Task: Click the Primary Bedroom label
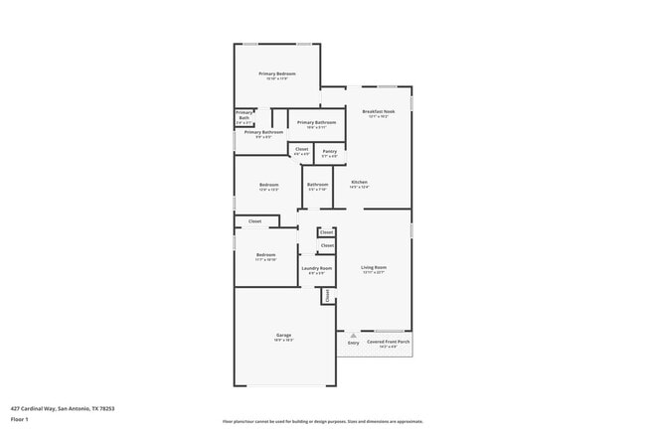tap(277, 74)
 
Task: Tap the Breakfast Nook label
tap(379, 112)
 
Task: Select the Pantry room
tap(330, 153)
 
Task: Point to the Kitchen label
tap(359, 183)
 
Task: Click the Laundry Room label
tap(316, 269)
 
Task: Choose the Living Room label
tap(374, 268)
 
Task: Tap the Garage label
tap(283, 336)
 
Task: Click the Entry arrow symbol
tap(353, 335)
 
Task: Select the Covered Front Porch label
tap(389, 343)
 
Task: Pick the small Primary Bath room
tap(243, 117)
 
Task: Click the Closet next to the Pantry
tap(302, 153)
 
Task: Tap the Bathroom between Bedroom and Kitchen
tap(317, 186)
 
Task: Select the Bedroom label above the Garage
tap(264, 256)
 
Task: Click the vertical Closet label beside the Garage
tap(326, 294)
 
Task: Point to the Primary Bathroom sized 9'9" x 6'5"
tap(263, 133)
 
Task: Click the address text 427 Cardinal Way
tap(63, 407)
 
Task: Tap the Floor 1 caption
tap(21, 419)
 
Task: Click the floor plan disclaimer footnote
tap(323, 421)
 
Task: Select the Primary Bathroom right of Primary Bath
tap(316, 124)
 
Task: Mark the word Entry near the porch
tap(353, 343)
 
